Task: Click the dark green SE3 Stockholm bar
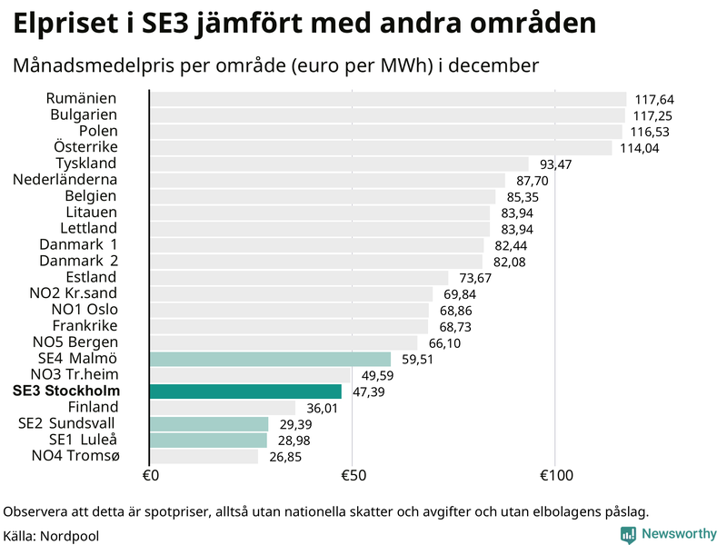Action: (x=245, y=391)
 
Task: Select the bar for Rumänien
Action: (x=387, y=99)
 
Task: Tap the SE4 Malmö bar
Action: (x=270, y=359)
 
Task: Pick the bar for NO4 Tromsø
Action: (x=204, y=456)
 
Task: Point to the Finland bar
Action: (x=222, y=408)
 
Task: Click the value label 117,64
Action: (x=654, y=100)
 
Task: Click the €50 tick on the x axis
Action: (x=353, y=476)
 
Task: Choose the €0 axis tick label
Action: (x=151, y=476)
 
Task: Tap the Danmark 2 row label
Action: (x=78, y=261)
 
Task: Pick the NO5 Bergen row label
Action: (x=75, y=342)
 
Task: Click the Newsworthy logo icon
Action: (x=628, y=535)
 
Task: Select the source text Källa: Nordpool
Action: (x=51, y=536)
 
